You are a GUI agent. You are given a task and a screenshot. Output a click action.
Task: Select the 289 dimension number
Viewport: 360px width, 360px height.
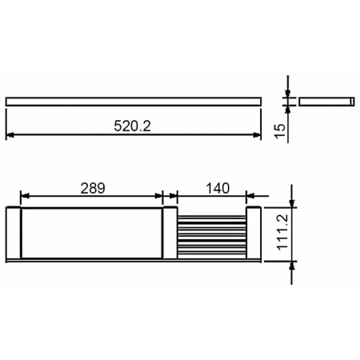point(93,189)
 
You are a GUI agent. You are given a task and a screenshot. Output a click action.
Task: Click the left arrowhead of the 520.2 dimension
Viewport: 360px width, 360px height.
point(10,135)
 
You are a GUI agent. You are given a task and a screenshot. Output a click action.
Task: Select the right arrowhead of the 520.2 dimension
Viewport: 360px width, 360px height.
point(258,135)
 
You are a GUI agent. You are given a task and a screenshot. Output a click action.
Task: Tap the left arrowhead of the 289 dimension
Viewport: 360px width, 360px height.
point(25,194)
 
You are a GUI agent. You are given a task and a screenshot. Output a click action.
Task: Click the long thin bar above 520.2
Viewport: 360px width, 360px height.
point(134,102)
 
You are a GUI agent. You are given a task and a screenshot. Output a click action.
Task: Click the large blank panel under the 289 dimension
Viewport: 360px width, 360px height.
point(91,234)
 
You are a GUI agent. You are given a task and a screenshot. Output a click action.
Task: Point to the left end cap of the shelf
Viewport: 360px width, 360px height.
point(13,234)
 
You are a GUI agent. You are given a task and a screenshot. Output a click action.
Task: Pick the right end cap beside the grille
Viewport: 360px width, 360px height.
point(251,234)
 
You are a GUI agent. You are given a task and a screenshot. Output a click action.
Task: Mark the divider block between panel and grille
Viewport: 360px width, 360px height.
point(167,234)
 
